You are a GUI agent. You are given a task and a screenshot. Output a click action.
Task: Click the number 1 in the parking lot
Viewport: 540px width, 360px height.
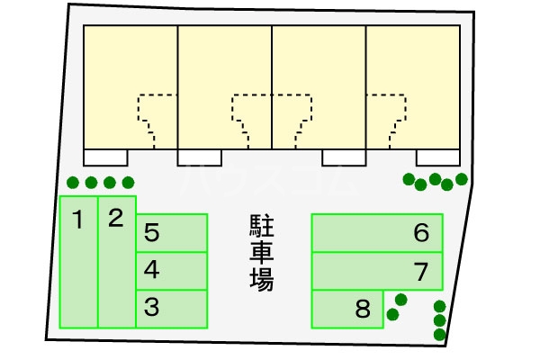coord(78,219)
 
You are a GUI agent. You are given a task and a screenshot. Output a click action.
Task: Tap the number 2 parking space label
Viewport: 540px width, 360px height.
coord(115,218)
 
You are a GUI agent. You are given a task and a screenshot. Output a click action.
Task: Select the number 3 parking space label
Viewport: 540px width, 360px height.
coord(152,308)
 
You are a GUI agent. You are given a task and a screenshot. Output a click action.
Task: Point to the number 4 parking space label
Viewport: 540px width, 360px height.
coord(152,268)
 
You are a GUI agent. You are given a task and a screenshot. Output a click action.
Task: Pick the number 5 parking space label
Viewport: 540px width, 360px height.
coord(152,234)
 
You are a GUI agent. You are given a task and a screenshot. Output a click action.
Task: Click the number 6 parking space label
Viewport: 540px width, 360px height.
coord(421,233)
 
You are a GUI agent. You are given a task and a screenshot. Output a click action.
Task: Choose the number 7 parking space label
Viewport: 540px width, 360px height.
coord(421,269)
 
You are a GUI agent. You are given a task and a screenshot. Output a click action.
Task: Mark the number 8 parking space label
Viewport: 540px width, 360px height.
coord(363,310)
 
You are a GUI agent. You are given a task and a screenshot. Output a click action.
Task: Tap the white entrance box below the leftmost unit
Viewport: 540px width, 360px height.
coord(105,157)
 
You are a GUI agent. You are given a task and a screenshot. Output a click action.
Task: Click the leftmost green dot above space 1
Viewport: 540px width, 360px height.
coord(73,182)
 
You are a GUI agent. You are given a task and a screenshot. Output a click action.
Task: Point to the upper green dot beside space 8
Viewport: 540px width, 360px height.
coord(401,299)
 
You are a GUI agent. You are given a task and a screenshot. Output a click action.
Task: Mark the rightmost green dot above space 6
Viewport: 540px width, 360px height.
coord(462,179)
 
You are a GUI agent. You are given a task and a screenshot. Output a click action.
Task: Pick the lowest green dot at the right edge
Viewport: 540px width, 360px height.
coord(439,335)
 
